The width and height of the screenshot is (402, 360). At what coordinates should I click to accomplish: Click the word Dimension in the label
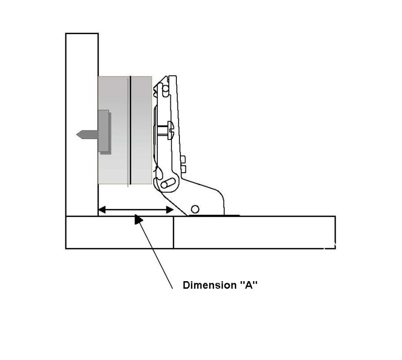210,285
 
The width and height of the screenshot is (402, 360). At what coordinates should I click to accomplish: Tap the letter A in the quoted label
248,285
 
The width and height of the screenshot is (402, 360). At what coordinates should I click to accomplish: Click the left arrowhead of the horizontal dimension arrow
102,210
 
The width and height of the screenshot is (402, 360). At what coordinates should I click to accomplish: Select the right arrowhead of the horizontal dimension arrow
170,210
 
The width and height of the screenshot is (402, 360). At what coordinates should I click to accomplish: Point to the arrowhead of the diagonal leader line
139,219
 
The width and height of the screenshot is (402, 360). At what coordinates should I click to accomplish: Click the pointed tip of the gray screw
77,135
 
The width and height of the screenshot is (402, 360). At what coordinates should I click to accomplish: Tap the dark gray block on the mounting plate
104,131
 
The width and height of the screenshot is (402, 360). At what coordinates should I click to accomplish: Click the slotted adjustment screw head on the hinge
170,131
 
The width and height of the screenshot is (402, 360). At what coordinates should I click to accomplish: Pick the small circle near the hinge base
195,209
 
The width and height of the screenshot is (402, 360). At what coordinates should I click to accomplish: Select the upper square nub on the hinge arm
183,159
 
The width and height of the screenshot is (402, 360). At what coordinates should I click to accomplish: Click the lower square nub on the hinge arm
183,169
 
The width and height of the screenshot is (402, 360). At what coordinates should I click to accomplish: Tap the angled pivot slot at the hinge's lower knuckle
168,183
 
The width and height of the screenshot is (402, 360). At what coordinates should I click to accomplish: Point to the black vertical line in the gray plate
131,130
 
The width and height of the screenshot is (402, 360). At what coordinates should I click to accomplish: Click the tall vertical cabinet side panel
82,125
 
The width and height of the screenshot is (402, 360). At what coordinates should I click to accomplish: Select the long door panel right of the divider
254,232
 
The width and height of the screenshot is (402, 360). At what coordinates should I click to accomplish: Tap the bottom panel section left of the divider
120,232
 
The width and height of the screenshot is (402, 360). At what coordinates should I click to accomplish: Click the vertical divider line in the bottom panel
173,232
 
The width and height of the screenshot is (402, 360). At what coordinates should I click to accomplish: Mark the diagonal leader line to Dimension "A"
156,253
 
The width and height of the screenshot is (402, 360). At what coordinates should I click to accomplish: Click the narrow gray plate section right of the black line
142,130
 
